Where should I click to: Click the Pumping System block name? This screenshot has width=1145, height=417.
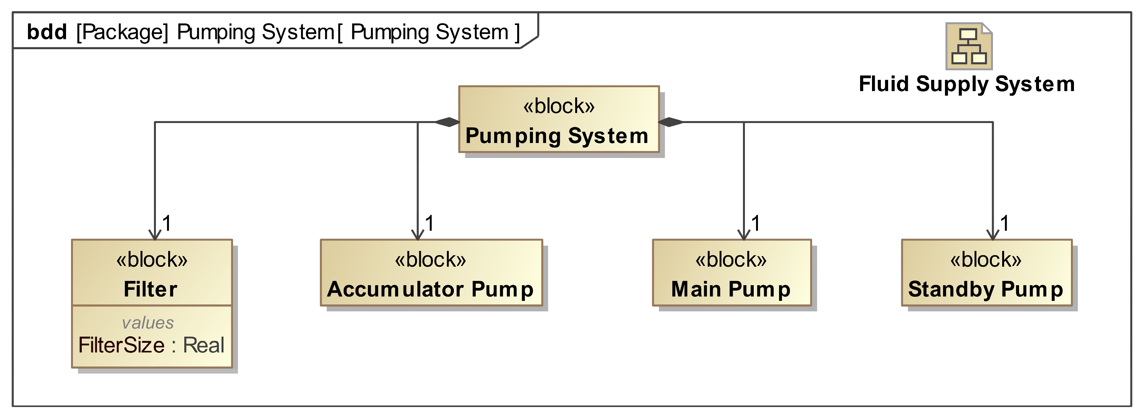click(x=557, y=136)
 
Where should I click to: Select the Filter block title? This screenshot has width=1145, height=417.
click(x=151, y=289)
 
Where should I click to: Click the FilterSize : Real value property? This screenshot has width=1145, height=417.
click(x=151, y=346)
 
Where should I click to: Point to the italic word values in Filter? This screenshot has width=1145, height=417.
click(x=148, y=323)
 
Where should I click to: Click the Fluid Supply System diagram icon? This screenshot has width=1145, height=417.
click(x=968, y=46)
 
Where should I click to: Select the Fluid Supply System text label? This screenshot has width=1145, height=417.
click(x=967, y=84)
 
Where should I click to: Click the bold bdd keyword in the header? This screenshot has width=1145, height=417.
click(x=47, y=32)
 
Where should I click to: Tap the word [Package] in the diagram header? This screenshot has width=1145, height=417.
click(x=122, y=32)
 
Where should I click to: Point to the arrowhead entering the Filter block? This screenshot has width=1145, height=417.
click(x=155, y=235)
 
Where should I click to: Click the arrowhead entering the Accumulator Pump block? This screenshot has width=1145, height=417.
click(x=417, y=235)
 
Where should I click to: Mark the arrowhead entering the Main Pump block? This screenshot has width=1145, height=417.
click(x=744, y=235)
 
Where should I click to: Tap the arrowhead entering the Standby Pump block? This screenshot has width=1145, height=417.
click(x=993, y=235)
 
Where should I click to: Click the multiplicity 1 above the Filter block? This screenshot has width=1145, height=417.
click(x=167, y=223)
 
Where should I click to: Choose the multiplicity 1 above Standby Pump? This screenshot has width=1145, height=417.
click(x=1004, y=223)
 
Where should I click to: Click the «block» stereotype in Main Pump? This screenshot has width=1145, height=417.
click(x=731, y=259)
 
